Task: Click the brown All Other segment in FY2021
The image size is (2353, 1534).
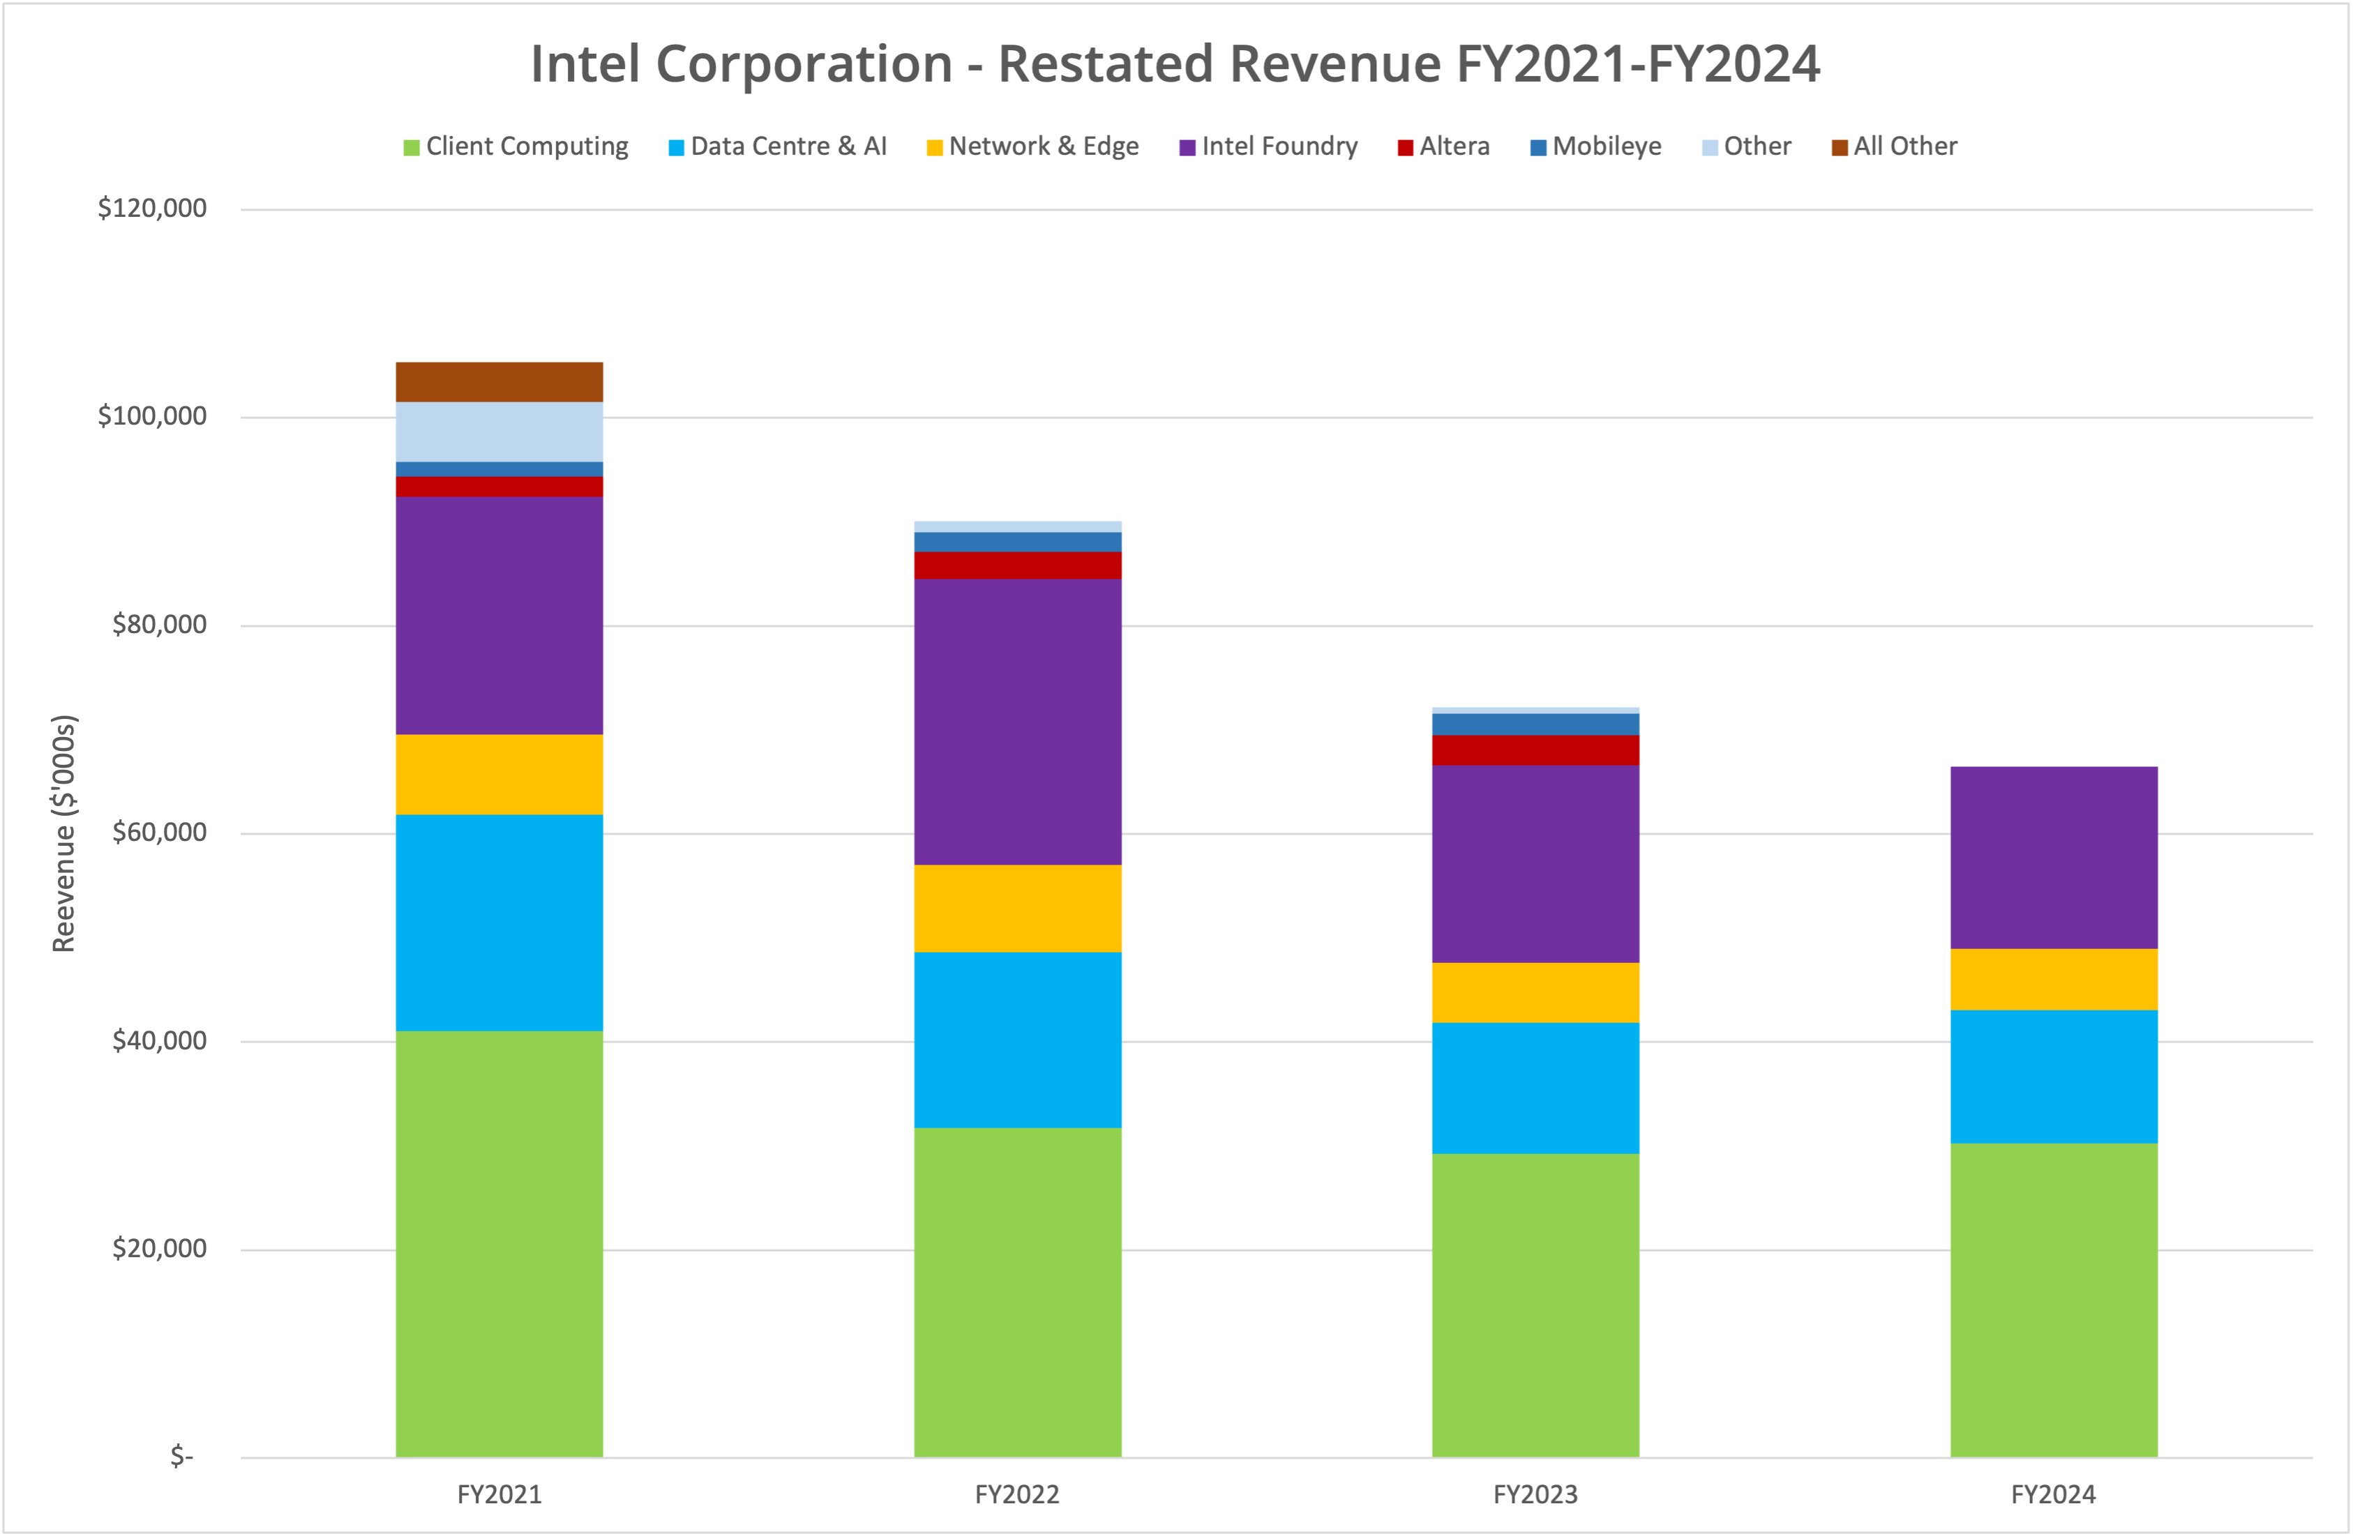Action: point(499,381)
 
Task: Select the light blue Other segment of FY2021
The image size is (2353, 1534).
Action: point(499,431)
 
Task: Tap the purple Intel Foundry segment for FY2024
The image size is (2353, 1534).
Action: point(2054,857)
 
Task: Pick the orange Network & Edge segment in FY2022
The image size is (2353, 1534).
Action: point(1017,909)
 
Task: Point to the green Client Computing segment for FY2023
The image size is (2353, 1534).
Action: point(1535,1305)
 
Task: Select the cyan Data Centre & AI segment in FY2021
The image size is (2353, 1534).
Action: point(499,922)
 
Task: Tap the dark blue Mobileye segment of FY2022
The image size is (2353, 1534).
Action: point(1017,542)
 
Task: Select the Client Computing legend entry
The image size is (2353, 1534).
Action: point(516,146)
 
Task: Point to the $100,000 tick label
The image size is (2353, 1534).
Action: point(152,416)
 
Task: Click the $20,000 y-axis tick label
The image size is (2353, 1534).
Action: point(159,1248)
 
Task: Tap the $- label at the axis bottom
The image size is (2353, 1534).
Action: point(182,1456)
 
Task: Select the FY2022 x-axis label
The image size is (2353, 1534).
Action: point(1017,1494)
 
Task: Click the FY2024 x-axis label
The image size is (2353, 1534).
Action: point(2054,1494)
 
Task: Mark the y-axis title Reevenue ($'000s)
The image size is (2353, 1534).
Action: point(63,833)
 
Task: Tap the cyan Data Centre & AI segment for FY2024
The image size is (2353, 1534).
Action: point(2054,1077)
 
